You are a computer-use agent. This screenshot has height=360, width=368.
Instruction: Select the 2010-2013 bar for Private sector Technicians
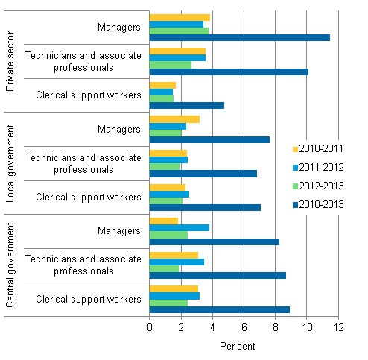point(229,72)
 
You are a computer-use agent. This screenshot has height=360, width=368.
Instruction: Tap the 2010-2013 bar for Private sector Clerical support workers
point(186,105)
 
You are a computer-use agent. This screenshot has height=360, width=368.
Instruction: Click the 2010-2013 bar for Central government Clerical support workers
point(219,309)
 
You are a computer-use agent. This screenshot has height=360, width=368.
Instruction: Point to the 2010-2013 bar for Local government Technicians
point(203,173)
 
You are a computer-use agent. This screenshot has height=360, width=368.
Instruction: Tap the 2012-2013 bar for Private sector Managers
point(179,31)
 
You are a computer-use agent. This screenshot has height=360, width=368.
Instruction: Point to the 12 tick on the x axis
point(337,326)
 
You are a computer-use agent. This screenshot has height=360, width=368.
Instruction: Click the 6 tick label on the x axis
point(244,326)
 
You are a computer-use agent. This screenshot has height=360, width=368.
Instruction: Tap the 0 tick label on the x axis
point(150,326)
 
